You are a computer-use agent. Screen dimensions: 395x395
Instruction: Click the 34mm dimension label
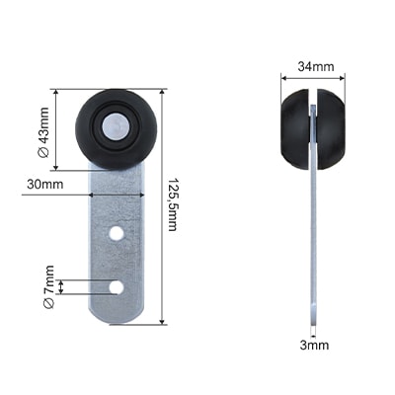click(316, 66)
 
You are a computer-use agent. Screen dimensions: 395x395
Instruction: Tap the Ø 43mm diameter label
click(43, 132)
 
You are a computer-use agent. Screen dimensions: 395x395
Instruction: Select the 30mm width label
click(45, 185)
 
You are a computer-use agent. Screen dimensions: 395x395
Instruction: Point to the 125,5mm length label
click(173, 204)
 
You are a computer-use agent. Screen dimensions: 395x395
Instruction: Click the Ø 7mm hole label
click(48, 286)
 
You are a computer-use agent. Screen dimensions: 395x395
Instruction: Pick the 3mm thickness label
click(314, 345)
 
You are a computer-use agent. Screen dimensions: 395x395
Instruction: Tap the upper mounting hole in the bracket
click(117, 233)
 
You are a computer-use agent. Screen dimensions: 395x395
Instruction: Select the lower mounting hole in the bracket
click(117, 287)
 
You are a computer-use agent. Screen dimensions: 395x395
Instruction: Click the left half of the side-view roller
click(295, 129)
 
